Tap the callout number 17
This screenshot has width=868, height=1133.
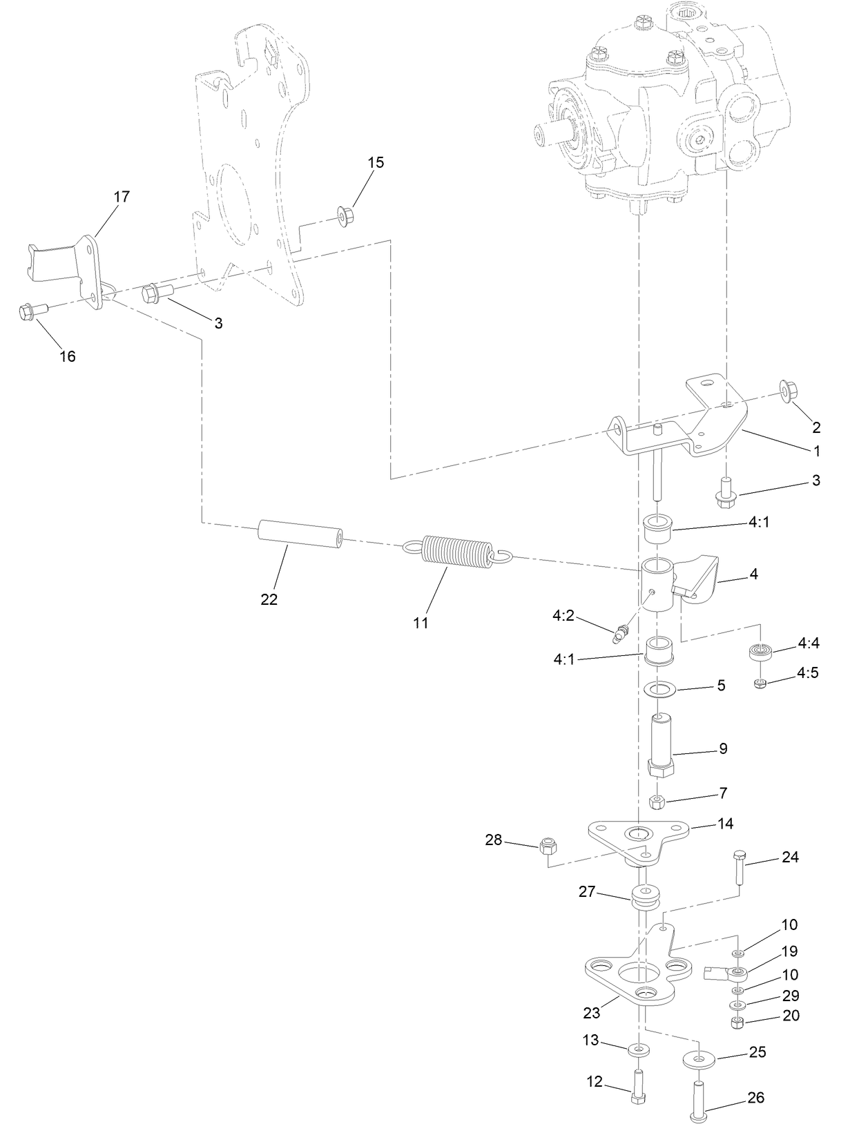[121, 197]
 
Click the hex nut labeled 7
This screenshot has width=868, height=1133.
[658, 802]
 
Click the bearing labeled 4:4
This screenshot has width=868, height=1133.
[761, 651]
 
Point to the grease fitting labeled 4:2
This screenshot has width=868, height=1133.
[622, 632]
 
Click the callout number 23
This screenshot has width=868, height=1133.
[591, 1013]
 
